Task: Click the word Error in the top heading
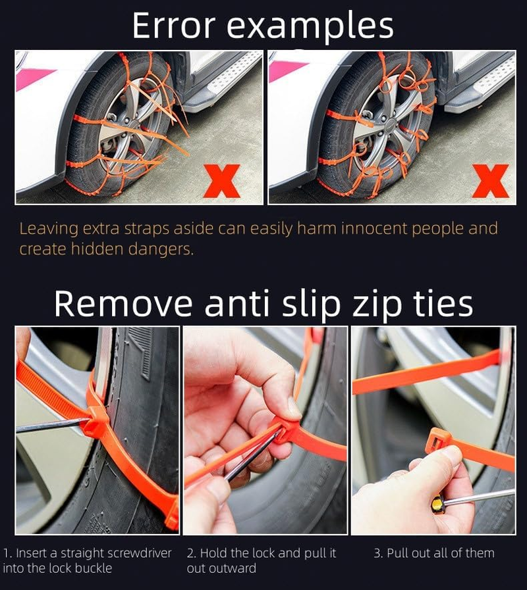click(x=174, y=26)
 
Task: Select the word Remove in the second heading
click(x=123, y=304)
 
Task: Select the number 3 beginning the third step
click(x=377, y=553)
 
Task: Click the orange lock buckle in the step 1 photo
click(x=97, y=422)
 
